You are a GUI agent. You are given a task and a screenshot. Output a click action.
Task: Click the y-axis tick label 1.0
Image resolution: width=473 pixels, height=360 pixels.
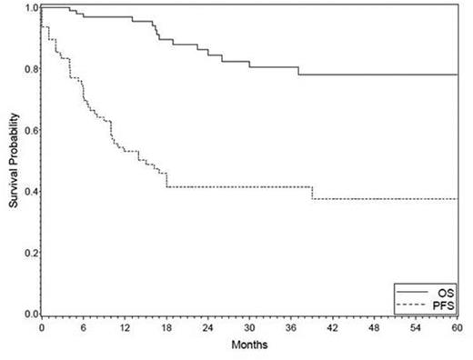pos(32,8)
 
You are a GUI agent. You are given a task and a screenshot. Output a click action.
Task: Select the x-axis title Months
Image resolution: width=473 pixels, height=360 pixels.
pos(249,346)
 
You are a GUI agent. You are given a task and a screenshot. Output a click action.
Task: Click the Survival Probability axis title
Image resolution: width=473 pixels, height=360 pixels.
pos(13,160)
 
